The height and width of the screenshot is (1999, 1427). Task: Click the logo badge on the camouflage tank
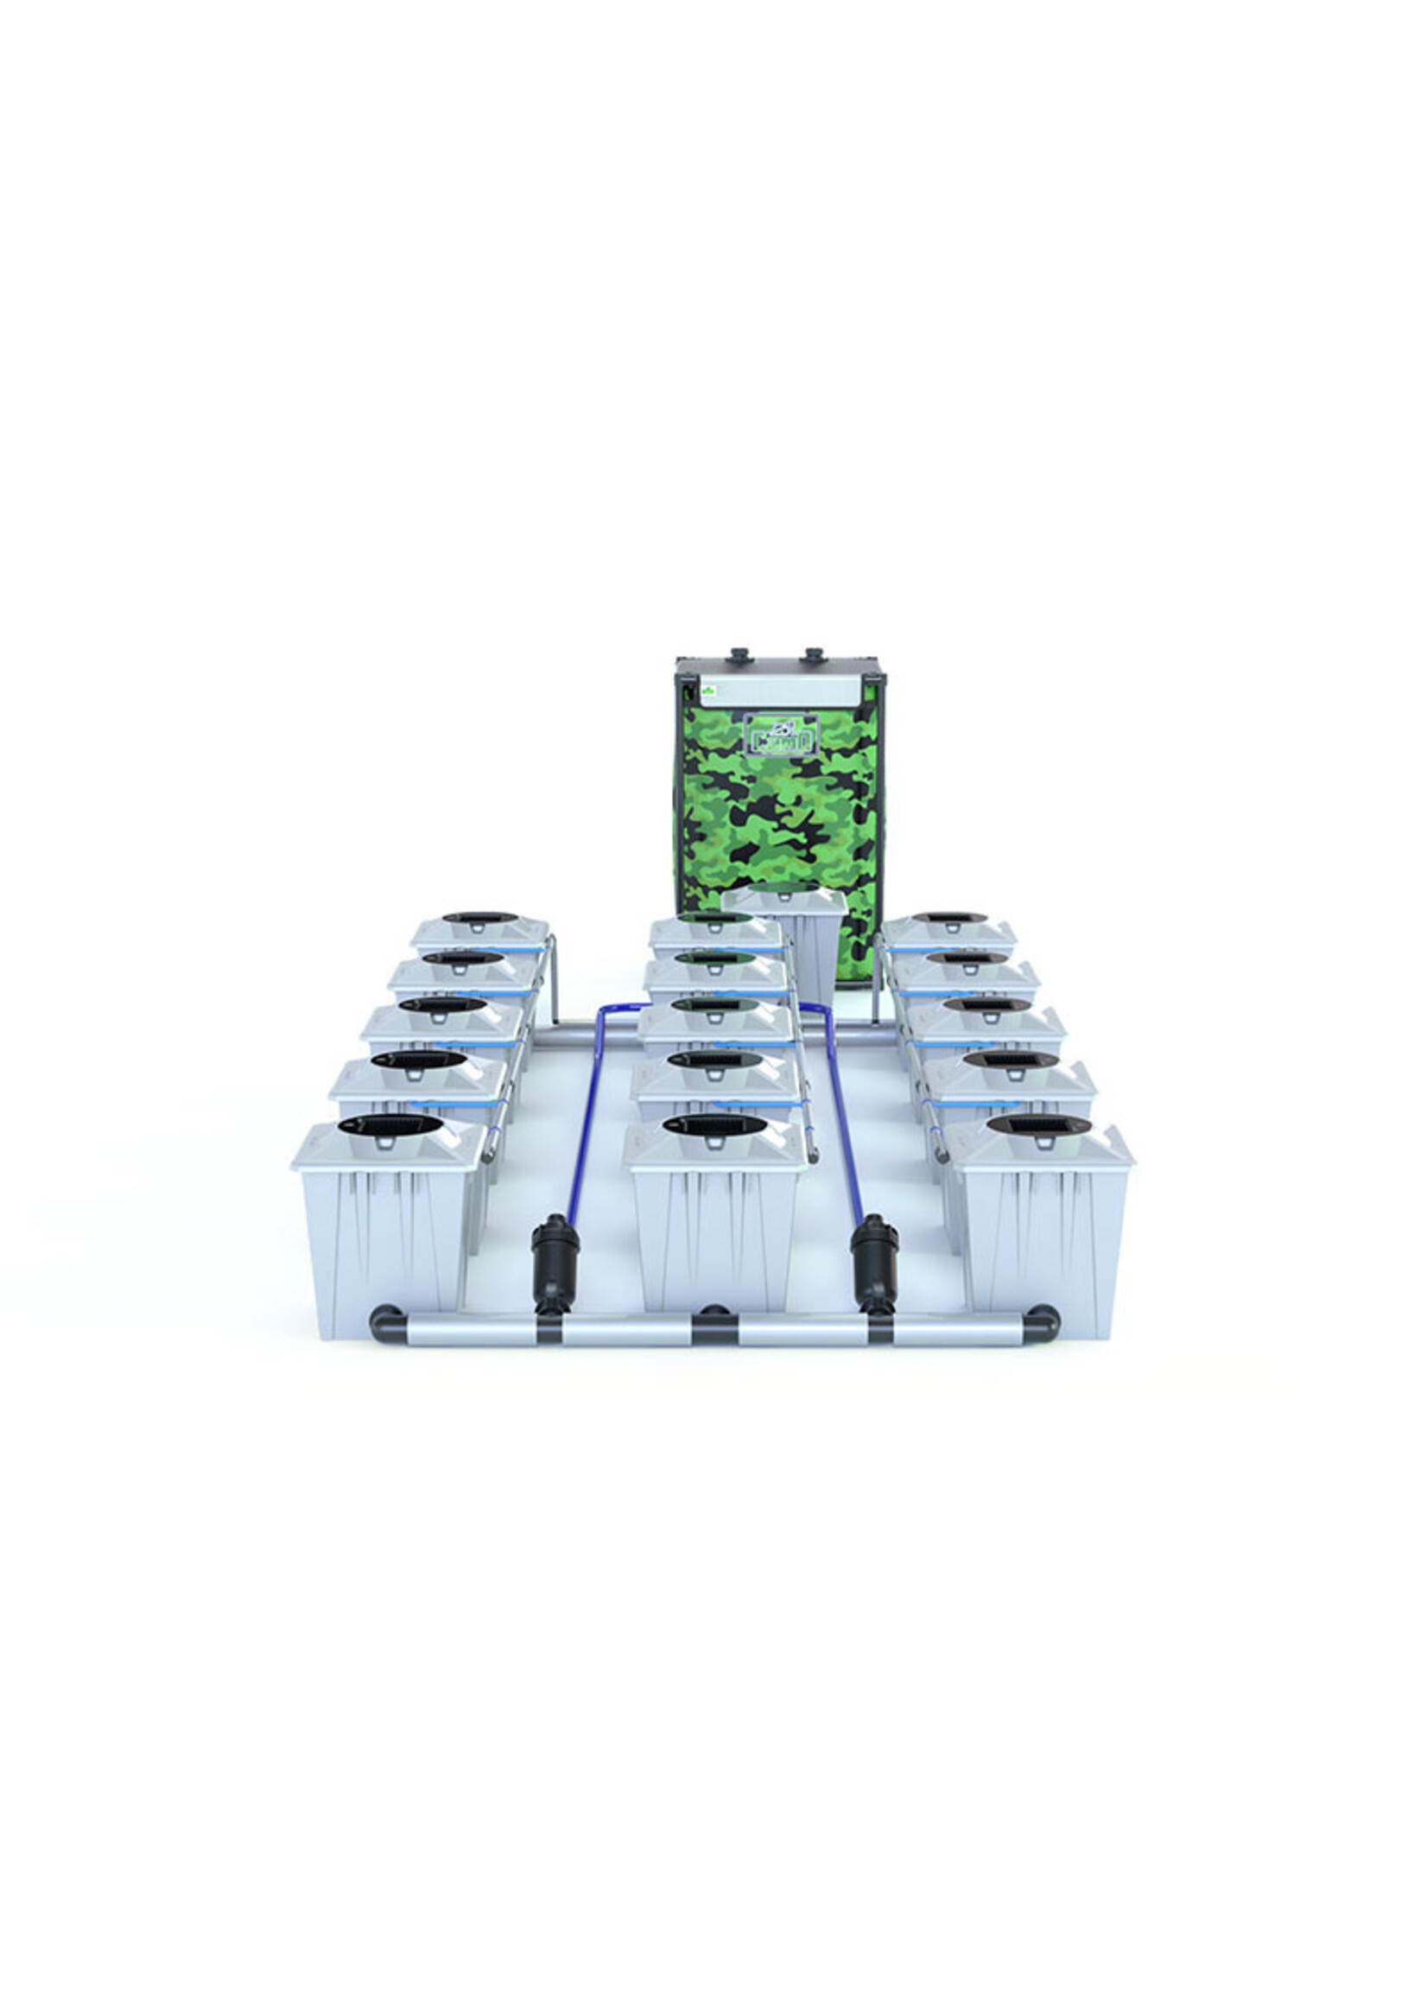tap(781, 735)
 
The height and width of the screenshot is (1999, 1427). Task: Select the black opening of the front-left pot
tap(390, 1124)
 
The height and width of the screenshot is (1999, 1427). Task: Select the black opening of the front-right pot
tap(1038, 1124)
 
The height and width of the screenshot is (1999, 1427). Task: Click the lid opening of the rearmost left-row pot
tap(479, 917)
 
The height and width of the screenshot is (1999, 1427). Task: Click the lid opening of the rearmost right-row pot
tap(948, 917)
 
